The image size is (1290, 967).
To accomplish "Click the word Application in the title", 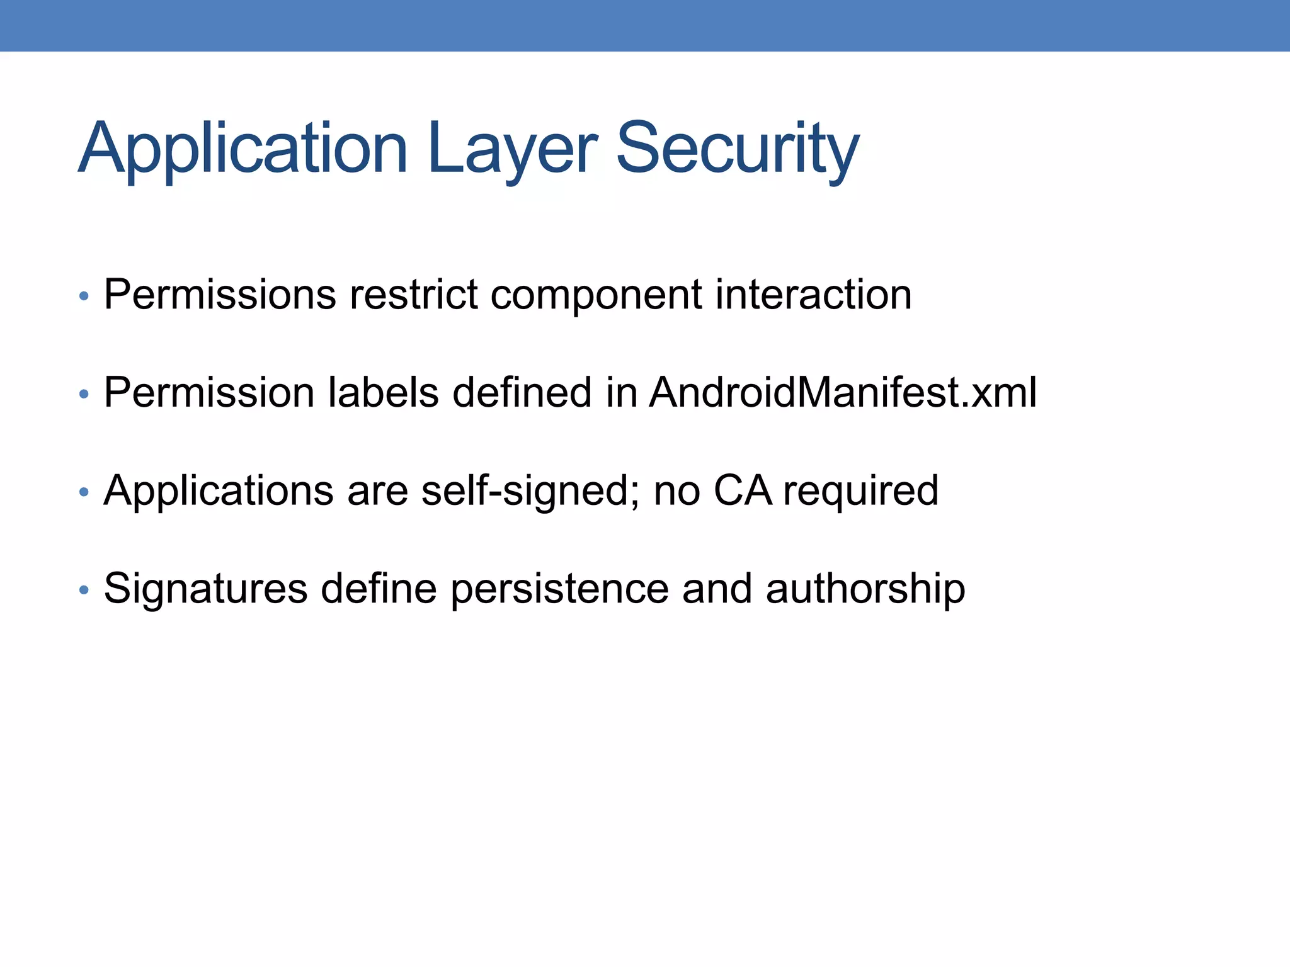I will tap(243, 149).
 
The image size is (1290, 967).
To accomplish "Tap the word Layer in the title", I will tap(511, 149).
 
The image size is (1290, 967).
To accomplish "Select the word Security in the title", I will tap(737, 149).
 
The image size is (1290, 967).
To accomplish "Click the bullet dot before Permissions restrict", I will tap(84, 296).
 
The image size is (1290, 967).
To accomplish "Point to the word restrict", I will tap(413, 294).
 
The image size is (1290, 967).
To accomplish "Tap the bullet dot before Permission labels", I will tap(84, 394).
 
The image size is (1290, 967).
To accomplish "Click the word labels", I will tap(383, 392).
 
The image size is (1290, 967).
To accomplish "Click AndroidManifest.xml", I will tap(842, 392).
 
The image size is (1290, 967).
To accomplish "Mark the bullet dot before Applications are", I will tap(84, 492).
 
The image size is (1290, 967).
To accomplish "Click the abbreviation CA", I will tap(743, 490).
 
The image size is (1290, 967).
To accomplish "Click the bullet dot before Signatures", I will tap(84, 590).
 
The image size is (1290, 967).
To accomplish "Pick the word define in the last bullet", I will tap(379, 589).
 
